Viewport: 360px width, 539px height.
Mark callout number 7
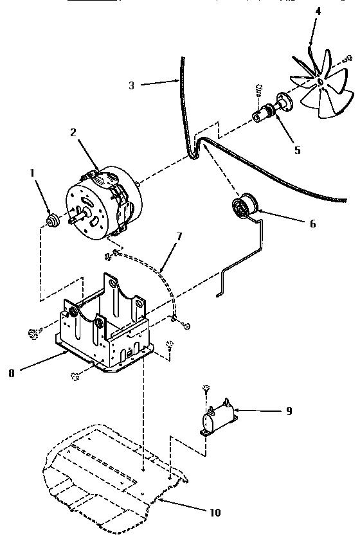coord(179,236)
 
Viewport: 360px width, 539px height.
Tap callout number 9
coord(289,411)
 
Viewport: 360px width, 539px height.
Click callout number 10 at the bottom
coord(214,512)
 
